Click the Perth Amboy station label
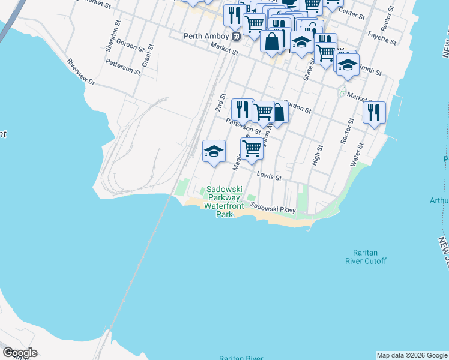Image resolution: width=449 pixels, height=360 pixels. click(206, 36)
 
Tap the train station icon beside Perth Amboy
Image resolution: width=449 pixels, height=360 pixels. click(236, 36)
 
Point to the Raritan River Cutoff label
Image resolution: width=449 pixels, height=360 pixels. click(366, 257)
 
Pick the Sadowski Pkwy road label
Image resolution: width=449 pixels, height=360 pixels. click(273, 208)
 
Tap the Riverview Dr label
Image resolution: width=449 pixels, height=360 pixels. click(82, 71)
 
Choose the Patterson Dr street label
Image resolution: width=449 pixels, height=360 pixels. click(243, 126)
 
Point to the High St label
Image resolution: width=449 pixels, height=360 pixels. click(319, 155)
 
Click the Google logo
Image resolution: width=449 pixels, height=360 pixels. click(20, 353)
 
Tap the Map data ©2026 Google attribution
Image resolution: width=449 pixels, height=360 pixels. click(412, 355)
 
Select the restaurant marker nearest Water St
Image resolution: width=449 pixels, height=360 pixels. click(374, 112)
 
